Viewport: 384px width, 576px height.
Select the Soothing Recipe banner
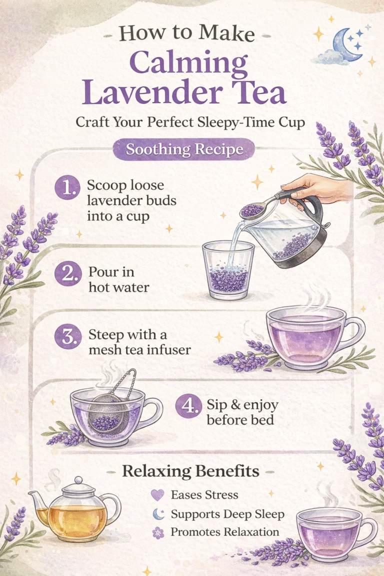click(x=184, y=149)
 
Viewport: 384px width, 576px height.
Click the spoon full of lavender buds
click(x=251, y=209)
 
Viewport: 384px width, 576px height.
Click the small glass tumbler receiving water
click(x=228, y=272)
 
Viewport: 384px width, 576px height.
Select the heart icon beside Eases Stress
click(x=157, y=495)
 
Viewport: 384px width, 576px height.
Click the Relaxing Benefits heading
click(x=191, y=470)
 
